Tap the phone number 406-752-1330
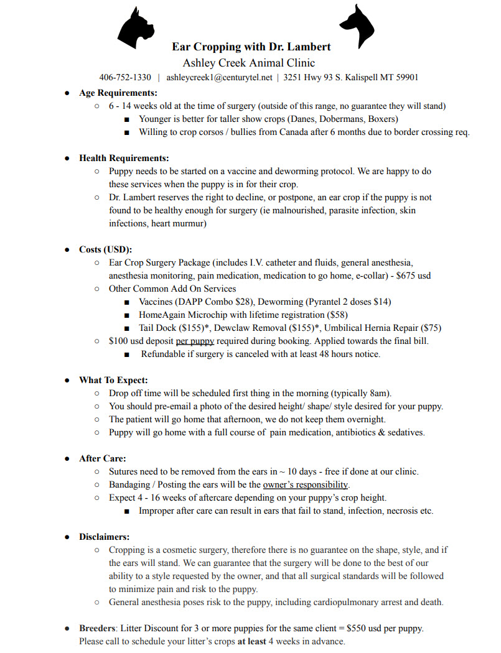[125, 78]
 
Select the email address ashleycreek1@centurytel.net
[219, 78]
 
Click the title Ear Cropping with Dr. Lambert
[251, 47]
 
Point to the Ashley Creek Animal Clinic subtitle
[249, 63]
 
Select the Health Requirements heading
[124, 158]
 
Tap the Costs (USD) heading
[105, 249]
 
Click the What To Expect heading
[113, 380]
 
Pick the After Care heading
[103, 458]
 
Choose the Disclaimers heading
[105, 537]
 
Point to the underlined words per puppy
[195, 341]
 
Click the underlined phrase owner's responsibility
[306, 484]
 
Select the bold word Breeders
[98, 628]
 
